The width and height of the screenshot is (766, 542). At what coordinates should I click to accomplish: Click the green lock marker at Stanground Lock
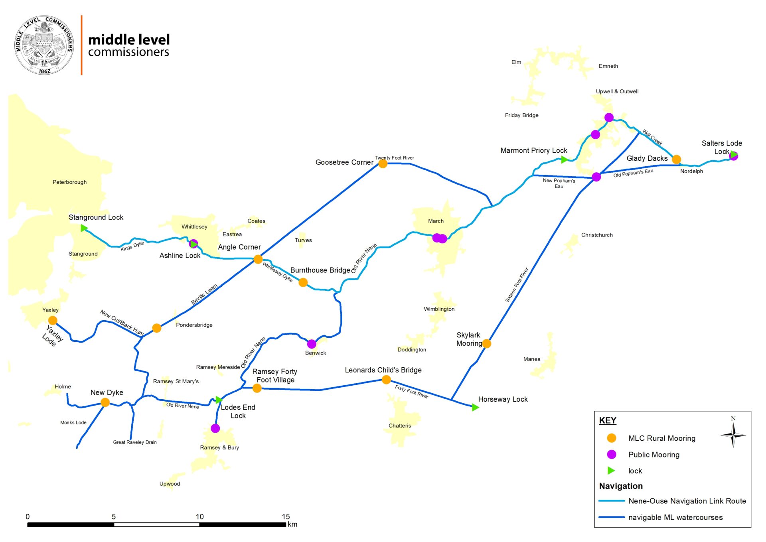coord(84,228)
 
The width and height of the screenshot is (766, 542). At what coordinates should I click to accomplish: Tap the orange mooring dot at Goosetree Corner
coord(383,164)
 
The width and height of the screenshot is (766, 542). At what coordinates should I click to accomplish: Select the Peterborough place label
coord(69,182)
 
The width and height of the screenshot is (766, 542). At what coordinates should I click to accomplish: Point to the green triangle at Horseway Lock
coord(475,407)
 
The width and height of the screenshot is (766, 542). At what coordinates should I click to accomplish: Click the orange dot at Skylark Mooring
coord(487,343)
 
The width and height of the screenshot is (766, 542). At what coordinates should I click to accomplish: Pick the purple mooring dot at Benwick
coord(312,344)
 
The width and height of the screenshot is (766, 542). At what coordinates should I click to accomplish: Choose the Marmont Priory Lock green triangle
coord(564,160)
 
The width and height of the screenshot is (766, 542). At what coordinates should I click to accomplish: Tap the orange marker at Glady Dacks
coord(676,160)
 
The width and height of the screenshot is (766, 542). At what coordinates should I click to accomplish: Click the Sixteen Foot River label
coord(517,285)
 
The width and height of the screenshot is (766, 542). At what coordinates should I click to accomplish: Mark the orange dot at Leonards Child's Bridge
coord(386,380)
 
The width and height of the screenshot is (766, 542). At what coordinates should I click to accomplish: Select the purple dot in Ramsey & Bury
coord(215,428)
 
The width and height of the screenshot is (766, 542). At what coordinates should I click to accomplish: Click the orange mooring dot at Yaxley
coord(53,320)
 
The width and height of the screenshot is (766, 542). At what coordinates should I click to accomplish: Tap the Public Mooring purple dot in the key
coord(611,455)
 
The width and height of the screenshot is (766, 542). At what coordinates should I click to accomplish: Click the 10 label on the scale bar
coord(199,516)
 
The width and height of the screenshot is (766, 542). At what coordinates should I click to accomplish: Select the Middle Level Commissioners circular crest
coord(44,45)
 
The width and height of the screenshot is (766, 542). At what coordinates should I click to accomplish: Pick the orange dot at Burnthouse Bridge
coord(303,282)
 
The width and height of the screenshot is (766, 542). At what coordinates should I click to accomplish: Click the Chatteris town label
coord(400,426)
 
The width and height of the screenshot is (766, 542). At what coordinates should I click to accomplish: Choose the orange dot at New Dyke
coord(105,402)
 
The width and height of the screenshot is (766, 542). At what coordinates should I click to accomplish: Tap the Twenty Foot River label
coord(395,158)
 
